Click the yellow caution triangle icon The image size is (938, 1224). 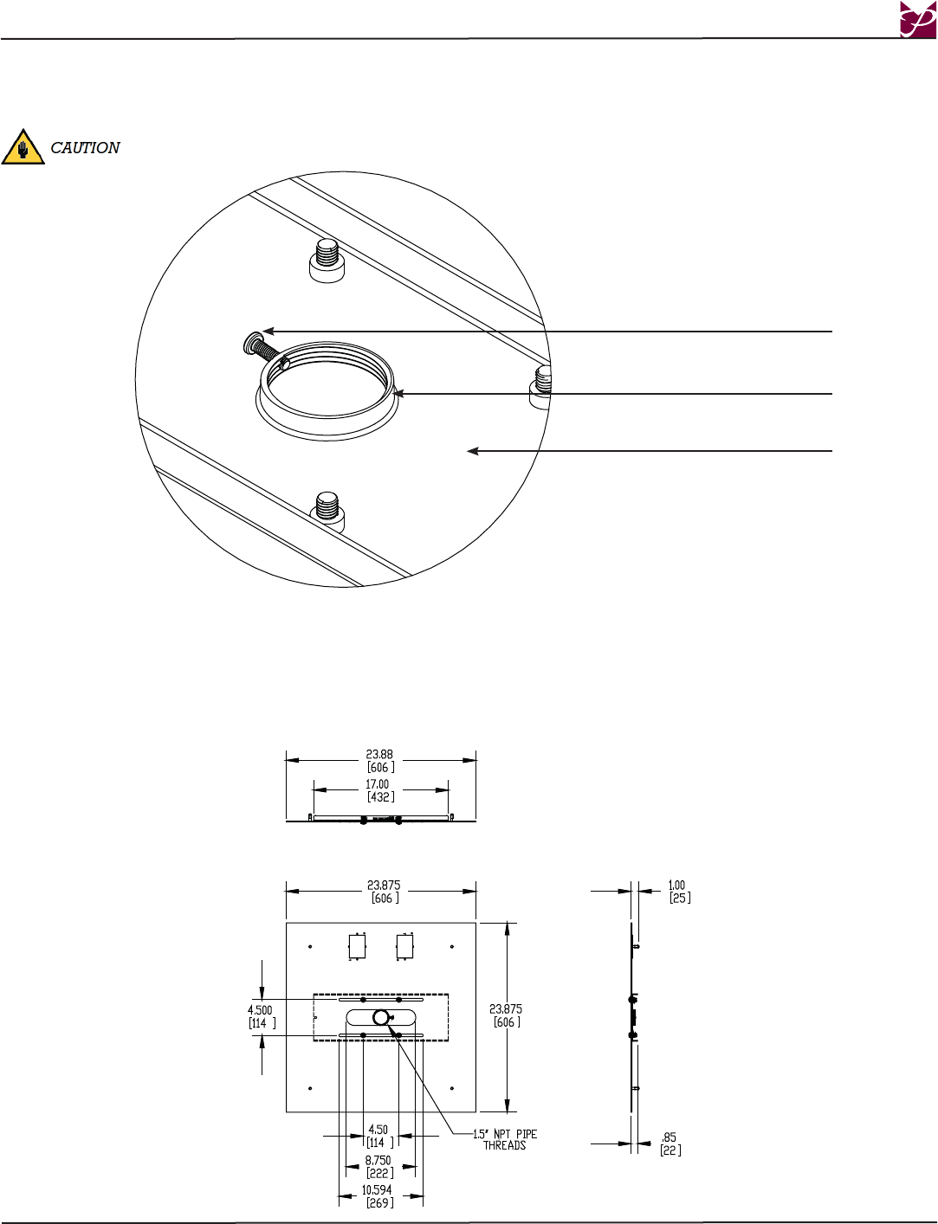[23, 147]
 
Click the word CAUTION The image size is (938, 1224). [85, 147]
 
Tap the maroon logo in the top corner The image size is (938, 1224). [918, 19]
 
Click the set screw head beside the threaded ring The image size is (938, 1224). [250, 343]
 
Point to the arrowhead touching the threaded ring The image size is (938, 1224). [398, 394]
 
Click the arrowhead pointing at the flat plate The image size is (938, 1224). [473, 451]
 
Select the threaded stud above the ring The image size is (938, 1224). [327, 261]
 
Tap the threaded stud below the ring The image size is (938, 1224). [327, 512]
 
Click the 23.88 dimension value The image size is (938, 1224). [379, 754]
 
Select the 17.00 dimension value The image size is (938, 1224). [378, 784]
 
